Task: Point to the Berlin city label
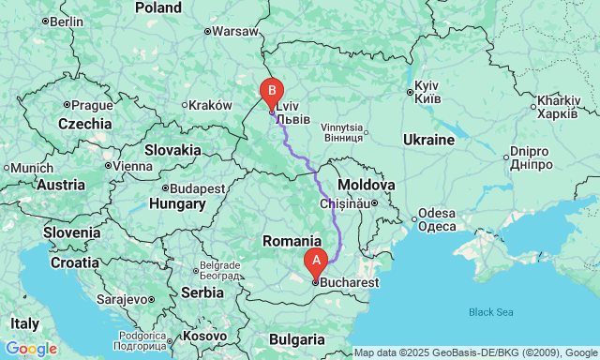click(66, 21)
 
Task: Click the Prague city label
click(92, 104)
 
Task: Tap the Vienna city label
click(132, 166)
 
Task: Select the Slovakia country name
click(172, 149)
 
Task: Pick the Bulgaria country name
click(296, 338)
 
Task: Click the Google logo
click(30, 349)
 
